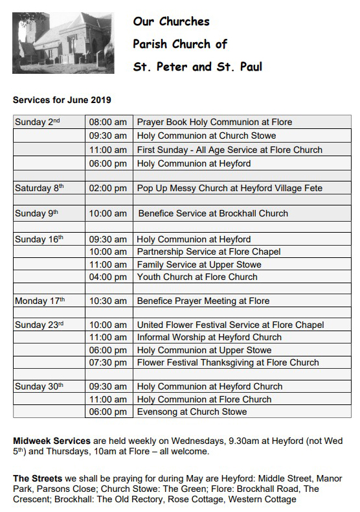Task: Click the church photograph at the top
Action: (x=63, y=43)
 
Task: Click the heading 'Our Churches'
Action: (x=172, y=21)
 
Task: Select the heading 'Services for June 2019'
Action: (x=62, y=100)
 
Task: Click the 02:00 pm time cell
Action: (x=108, y=188)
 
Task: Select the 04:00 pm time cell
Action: (x=108, y=277)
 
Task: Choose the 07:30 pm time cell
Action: (x=108, y=362)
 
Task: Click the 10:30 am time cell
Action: (x=108, y=301)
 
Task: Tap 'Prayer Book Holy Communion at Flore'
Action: (x=214, y=122)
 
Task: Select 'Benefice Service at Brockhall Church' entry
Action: (x=213, y=213)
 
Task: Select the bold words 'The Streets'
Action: (x=36, y=478)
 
